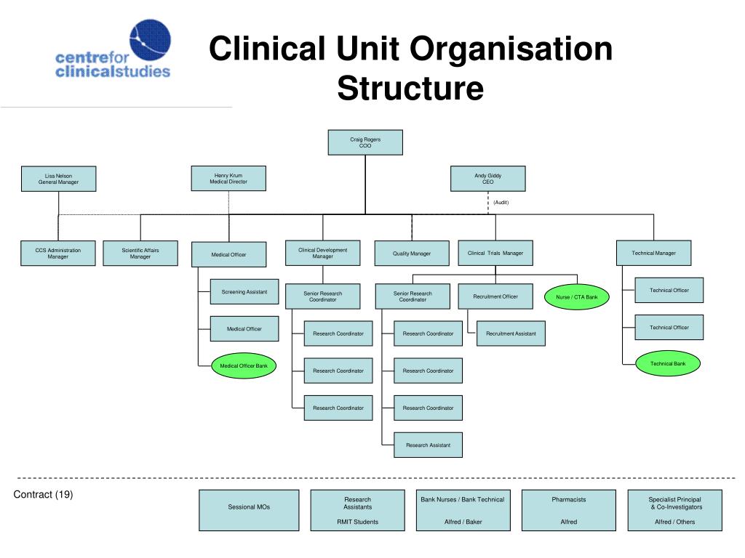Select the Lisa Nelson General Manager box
tap(59, 179)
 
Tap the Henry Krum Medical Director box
tap(228, 178)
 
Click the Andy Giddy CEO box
tap(487, 179)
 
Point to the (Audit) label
tap(501, 202)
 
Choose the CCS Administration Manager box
tap(58, 253)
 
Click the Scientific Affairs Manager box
tap(140, 253)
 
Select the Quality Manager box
tap(412, 254)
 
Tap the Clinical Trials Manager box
tap(495, 253)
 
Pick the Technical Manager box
tap(653, 253)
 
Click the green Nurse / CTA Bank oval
tap(576, 296)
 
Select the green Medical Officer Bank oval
tap(244, 365)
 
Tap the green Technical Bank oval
tap(668, 363)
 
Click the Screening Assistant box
tap(244, 292)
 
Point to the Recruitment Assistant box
tap(511, 333)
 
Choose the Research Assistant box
tap(428, 445)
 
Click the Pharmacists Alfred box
tap(569, 510)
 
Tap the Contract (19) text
tap(44, 495)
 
